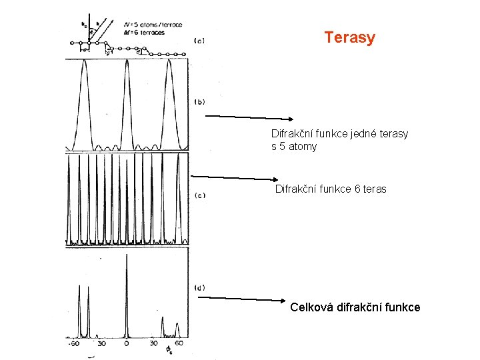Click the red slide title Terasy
point(350,38)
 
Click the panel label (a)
point(199,41)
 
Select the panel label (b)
point(199,102)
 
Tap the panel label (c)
point(199,195)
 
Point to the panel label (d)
point(199,287)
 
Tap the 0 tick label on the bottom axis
point(127,344)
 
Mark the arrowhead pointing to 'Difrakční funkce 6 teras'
point(276,179)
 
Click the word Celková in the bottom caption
point(313,307)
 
